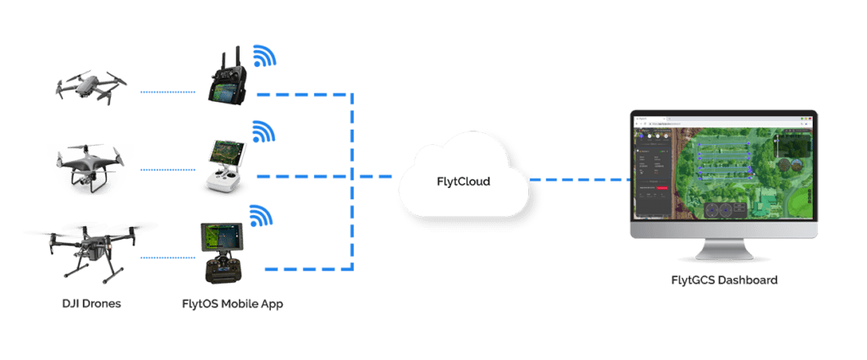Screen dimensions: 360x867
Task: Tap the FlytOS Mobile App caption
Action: tap(232, 303)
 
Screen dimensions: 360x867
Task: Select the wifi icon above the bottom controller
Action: tap(261, 215)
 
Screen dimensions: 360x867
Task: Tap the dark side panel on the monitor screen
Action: tap(651, 169)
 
